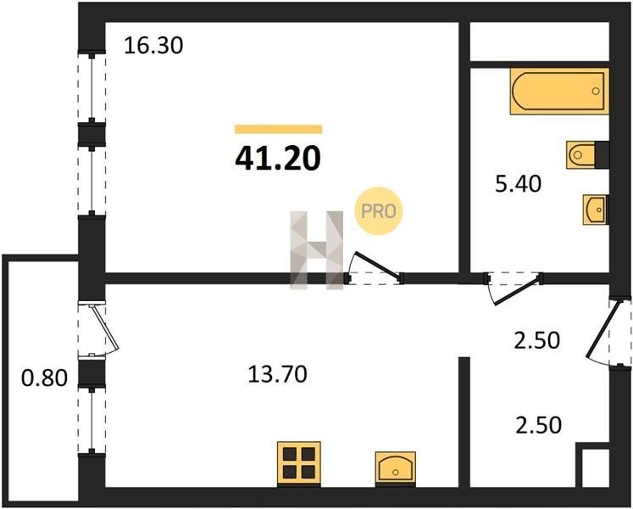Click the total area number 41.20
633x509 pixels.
tap(278, 158)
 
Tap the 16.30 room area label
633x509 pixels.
tap(153, 45)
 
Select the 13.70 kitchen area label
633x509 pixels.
tap(277, 374)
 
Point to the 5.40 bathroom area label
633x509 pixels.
tap(518, 184)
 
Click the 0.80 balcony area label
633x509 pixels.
tap(44, 379)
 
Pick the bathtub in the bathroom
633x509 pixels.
tap(559, 92)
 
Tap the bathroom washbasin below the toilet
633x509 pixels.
tap(596, 210)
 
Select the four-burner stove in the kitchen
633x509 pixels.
tap(299, 464)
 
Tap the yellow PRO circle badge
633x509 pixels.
tap(379, 211)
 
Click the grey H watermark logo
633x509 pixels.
tap(317, 250)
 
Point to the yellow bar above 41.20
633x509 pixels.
tap(279, 130)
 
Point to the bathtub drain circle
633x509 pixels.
tap(596, 91)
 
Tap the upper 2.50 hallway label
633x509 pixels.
tap(536, 340)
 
